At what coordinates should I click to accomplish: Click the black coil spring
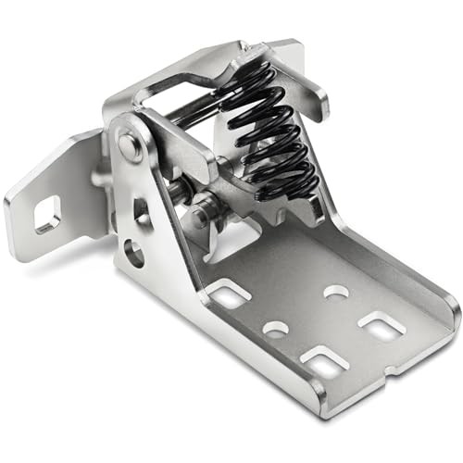(x=269, y=134)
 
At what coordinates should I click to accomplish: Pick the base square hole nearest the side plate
(x=228, y=295)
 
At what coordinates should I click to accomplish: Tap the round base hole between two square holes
(x=275, y=328)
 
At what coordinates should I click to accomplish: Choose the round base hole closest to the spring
(x=336, y=292)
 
